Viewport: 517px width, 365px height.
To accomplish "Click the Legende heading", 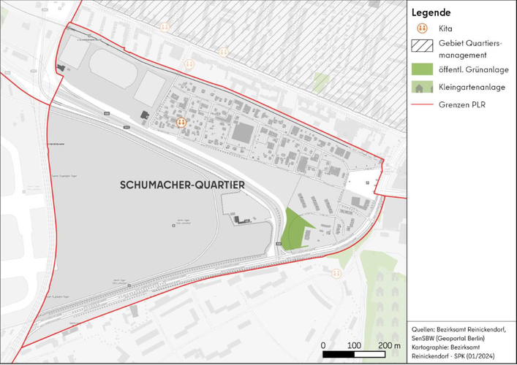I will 431,12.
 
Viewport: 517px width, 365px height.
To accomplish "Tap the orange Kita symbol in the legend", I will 421,29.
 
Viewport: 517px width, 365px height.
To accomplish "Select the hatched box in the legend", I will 421,48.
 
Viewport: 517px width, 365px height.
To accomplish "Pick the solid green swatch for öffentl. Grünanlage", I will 421,69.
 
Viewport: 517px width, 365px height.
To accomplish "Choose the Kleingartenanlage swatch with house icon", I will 421,87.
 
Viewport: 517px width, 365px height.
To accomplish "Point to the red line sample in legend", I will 421,104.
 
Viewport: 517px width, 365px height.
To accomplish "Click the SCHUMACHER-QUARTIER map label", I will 182,186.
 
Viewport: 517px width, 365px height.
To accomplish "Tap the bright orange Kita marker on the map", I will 181,123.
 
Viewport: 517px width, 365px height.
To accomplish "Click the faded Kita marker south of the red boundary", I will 336,272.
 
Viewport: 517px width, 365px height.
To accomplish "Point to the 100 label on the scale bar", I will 353,345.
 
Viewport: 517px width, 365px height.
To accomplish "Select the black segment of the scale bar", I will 338,355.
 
